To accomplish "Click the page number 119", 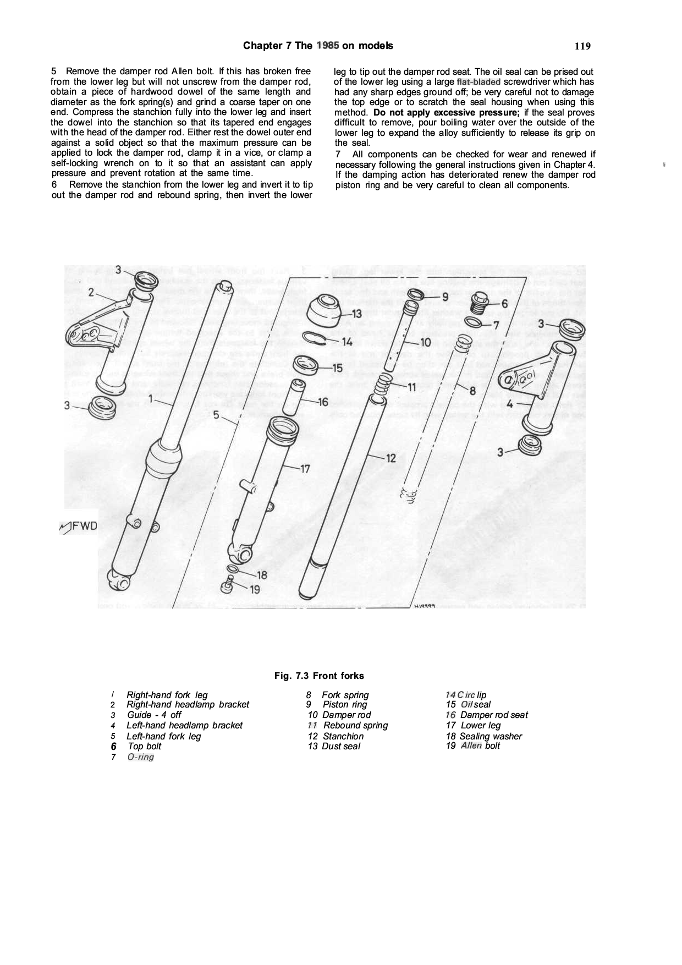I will [582, 46].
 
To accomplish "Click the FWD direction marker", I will [78, 527].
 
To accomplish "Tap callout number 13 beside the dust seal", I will [356, 314].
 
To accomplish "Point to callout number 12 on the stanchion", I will [391, 457].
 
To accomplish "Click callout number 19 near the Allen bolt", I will [255, 590].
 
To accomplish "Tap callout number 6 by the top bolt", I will [504, 304].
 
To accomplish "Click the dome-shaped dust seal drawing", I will [324, 311].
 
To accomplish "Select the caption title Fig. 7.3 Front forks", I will [319, 676].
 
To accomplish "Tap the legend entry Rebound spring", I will [355, 725].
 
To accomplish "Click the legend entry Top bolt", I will [145, 746].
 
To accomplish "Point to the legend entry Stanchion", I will [343, 736].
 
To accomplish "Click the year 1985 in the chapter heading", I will [327, 46].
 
